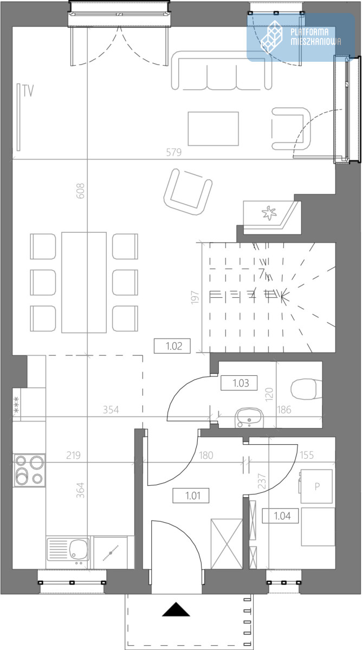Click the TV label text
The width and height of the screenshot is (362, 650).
point(28,91)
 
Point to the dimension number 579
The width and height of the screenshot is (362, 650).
point(173,152)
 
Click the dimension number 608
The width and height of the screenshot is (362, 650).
point(80,191)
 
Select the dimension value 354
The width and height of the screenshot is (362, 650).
point(111,409)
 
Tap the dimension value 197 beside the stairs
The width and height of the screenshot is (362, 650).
point(195,297)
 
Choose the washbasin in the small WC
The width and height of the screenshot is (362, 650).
point(249,418)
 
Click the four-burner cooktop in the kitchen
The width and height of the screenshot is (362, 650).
point(29,470)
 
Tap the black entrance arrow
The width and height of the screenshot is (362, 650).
point(176,609)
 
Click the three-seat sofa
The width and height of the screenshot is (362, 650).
point(222,70)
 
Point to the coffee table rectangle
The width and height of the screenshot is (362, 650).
point(214,128)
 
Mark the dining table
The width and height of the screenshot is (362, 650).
point(84,282)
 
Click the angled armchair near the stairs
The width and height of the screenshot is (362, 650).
point(188,192)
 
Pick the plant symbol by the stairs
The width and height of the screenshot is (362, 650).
point(269,213)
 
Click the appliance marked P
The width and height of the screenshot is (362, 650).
point(316,486)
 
